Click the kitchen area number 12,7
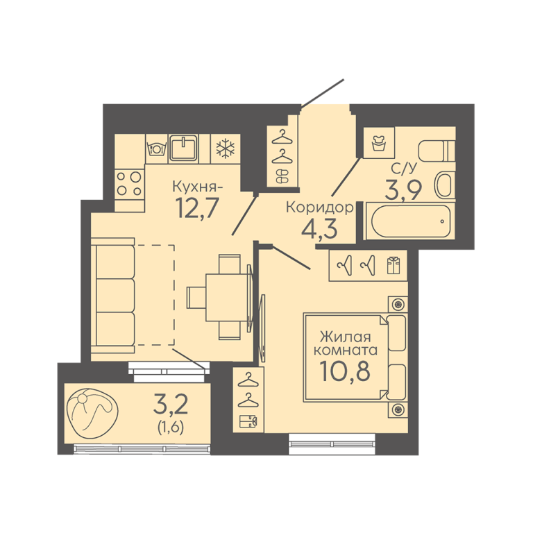click(x=196, y=208)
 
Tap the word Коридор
click(x=319, y=208)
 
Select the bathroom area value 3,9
click(x=403, y=189)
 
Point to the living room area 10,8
click(x=345, y=370)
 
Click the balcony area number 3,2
click(x=171, y=403)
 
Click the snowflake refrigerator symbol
click(x=226, y=149)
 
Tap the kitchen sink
click(x=183, y=148)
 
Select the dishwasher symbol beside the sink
click(x=156, y=149)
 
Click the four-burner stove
click(x=130, y=184)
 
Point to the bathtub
click(x=411, y=221)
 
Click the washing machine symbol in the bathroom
click(x=378, y=143)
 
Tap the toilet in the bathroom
click(x=437, y=151)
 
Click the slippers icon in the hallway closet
click(x=282, y=176)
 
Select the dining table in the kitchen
click(x=226, y=298)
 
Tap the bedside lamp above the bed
click(x=398, y=304)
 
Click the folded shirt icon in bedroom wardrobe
click(x=394, y=266)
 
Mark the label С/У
click(x=403, y=168)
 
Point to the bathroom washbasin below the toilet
click(x=445, y=185)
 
